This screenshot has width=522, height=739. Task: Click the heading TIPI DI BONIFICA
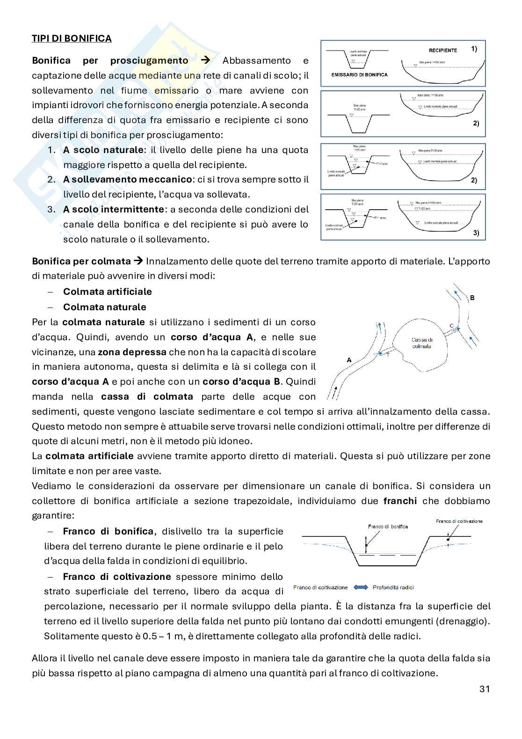[72, 38]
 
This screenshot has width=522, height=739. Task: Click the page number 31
[485, 689]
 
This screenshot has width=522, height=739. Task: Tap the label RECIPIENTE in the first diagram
[442, 50]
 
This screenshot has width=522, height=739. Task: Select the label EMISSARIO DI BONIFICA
[359, 74]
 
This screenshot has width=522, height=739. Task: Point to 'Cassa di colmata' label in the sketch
[421, 343]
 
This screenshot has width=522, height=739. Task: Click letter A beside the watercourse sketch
[349, 360]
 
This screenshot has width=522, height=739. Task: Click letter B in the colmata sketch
[472, 298]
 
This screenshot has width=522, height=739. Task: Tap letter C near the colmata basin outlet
[451, 325]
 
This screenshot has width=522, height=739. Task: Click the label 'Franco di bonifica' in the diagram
[388, 527]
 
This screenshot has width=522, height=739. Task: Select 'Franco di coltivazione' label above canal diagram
[459, 521]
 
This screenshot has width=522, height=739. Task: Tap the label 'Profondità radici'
[393, 587]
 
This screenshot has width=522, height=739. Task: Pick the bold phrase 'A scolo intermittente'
[113, 209]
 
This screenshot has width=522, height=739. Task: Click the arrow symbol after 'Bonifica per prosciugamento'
[205, 60]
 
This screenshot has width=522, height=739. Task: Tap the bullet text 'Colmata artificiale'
[107, 292]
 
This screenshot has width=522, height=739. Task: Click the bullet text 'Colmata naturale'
[104, 307]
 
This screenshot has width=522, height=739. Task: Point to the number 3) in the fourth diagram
[476, 233]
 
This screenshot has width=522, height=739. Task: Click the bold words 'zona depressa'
[132, 352]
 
